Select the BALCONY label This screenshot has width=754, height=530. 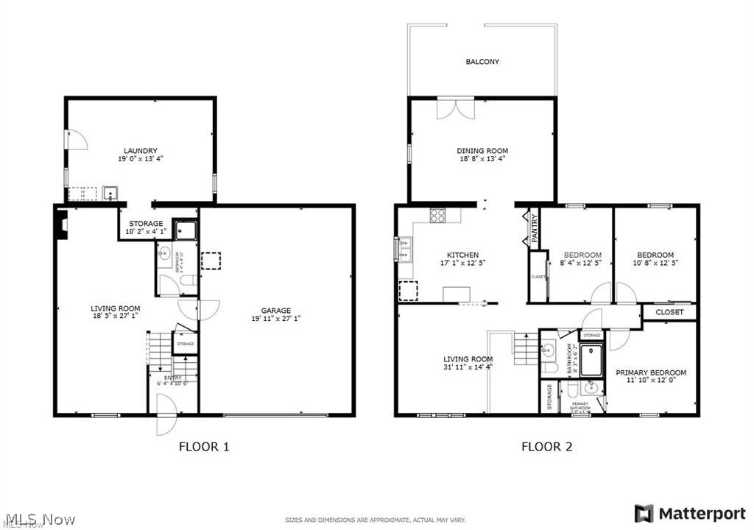[482, 62]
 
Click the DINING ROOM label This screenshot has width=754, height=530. [482, 151]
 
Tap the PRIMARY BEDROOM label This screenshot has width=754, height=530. [651, 372]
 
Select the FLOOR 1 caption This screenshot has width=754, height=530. [205, 446]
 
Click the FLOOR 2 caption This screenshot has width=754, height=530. [546, 446]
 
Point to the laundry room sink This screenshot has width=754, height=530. [111, 194]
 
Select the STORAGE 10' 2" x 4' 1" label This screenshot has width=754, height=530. [146, 227]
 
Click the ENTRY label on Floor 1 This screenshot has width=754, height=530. [173, 377]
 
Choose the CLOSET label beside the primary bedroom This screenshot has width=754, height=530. [669, 312]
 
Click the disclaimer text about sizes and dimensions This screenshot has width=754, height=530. [376, 520]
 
